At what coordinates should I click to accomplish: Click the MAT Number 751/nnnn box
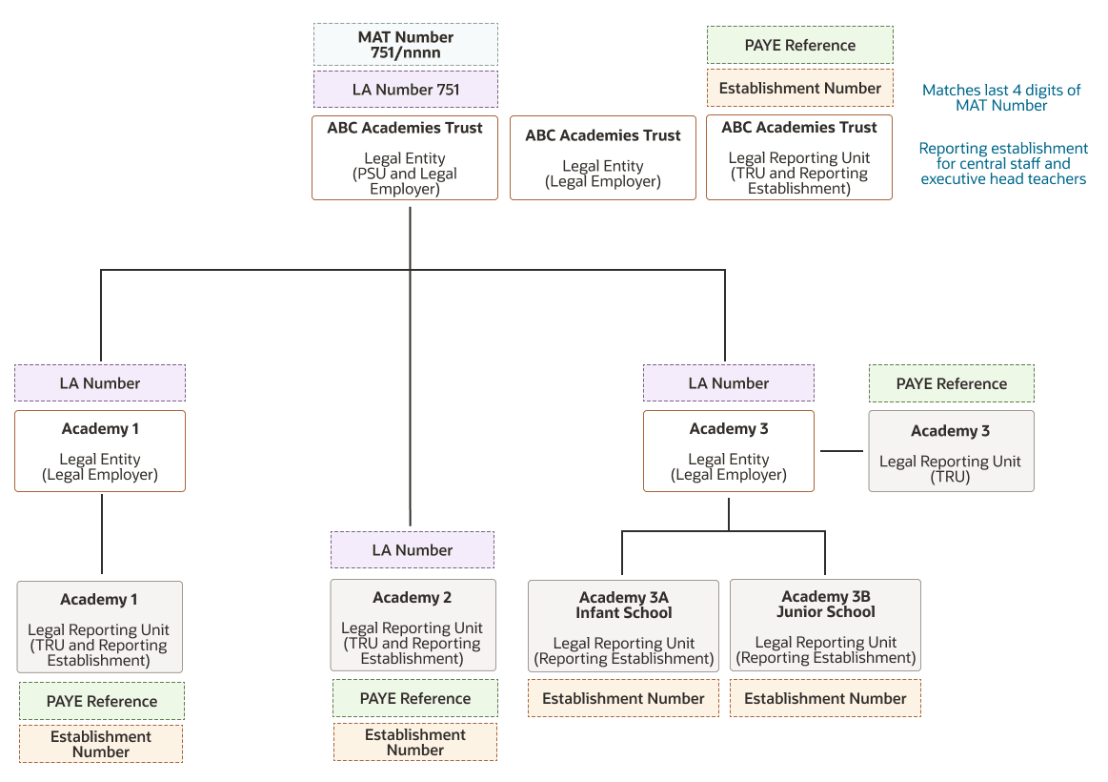[406, 45]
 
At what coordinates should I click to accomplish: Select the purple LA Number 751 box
[406, 89]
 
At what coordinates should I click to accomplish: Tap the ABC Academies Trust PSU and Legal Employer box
[405, 157]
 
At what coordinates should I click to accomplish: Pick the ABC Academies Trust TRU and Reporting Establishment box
[799, 157]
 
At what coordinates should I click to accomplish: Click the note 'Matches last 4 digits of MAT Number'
[1001, 97]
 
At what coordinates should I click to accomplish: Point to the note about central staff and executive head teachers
[1003, 163]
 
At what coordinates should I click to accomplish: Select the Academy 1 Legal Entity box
[100, 451]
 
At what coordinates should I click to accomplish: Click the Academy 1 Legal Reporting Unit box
[100, 628]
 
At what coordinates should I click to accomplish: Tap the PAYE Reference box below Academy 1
[102, 701]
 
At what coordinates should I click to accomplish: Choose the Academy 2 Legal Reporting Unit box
[413, 625]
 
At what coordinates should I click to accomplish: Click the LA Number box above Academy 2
[413, 550]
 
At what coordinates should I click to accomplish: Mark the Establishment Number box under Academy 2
[415, 742]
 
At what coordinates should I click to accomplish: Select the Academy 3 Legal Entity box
[729, 451]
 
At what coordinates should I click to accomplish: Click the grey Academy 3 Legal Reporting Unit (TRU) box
[951, 451]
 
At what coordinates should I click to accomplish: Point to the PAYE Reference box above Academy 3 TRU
[951, 384]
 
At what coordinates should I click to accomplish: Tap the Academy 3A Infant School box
[623, 626]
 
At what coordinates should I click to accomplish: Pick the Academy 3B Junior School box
[825, 625]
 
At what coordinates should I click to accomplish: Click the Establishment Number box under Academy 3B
[825, 699]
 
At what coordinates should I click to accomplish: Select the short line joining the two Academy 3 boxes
[841, 450]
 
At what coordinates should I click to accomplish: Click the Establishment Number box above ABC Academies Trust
[800, 88]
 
